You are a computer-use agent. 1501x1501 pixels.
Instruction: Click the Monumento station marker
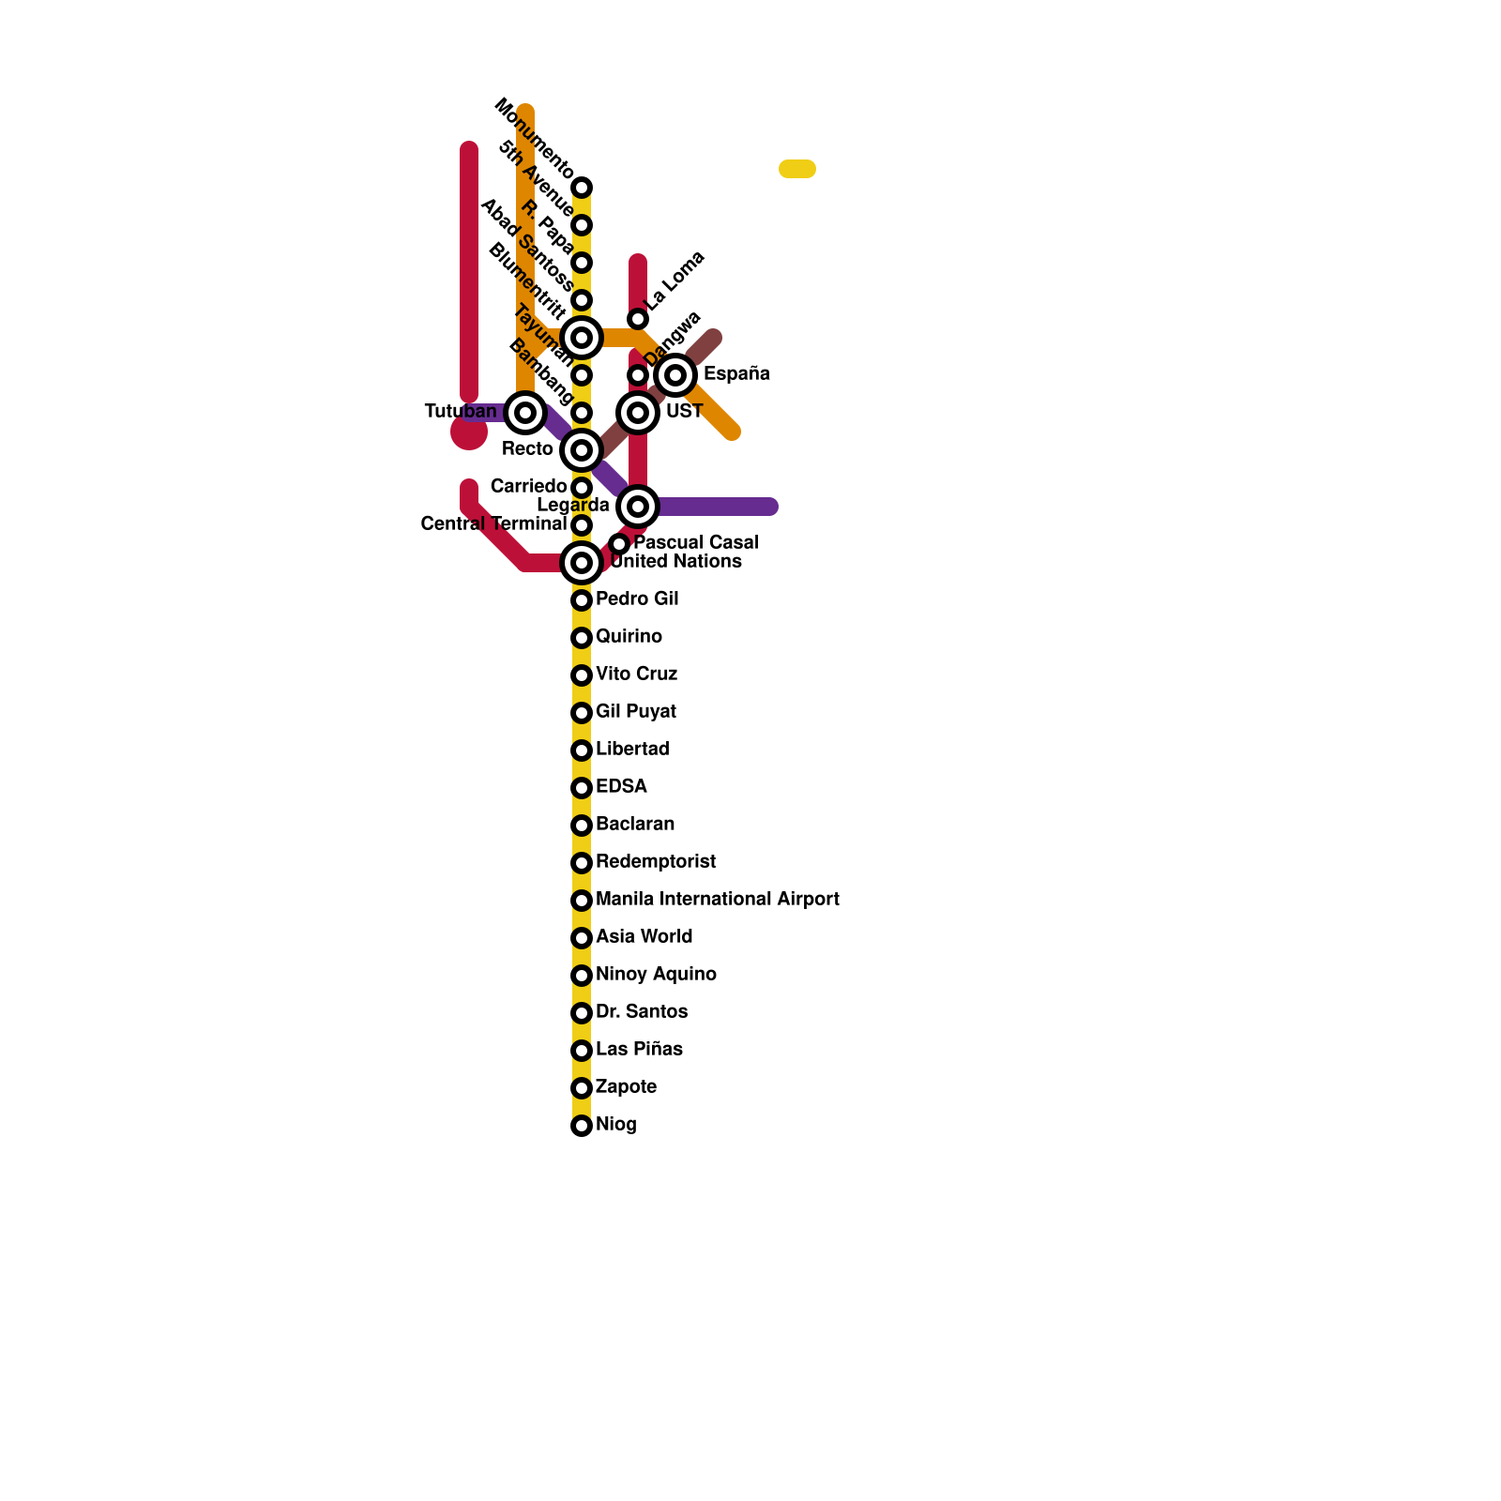pos(582,188)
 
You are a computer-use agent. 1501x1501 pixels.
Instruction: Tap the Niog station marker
pos(582,1126)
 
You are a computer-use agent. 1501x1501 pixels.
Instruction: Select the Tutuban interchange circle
pos(525,413)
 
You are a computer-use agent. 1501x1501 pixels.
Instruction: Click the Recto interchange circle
pos(582,450)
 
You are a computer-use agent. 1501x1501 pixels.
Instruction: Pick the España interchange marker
pos(675,375)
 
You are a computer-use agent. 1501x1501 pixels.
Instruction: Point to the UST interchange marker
pos(638,413)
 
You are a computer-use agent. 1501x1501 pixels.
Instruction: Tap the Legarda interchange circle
pos(638,507)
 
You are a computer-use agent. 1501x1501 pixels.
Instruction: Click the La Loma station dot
pos(638,319)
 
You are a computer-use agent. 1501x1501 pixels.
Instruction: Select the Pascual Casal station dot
pos(619,544)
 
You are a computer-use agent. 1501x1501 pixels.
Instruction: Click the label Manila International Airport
pos(717,899)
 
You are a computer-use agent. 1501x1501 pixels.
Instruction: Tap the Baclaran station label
pos(635,824)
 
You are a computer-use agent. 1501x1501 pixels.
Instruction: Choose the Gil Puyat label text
pos(636,711)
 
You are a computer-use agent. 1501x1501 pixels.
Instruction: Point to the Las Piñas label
pos(639,1049)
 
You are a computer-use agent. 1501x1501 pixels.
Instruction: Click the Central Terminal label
pos(493,523)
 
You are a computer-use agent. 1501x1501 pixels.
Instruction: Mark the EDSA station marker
pos(582,788)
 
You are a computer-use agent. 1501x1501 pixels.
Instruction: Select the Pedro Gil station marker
pos(582,600)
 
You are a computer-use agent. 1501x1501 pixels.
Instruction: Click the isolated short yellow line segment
pos(797,169)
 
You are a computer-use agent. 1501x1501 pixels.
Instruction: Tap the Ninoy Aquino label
pos(656,974)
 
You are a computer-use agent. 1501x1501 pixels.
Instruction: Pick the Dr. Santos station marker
pos(582,1013)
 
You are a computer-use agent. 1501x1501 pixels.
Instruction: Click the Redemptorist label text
pos(656,861)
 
